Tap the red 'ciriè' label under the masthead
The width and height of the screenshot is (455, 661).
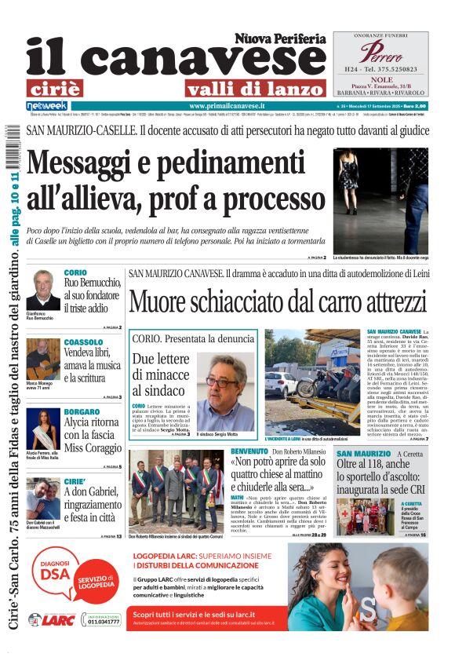tap(64, 88)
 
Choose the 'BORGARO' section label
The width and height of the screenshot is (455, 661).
tap(82, 411)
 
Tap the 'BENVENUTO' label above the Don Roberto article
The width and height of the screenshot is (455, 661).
tap(249, 452)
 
